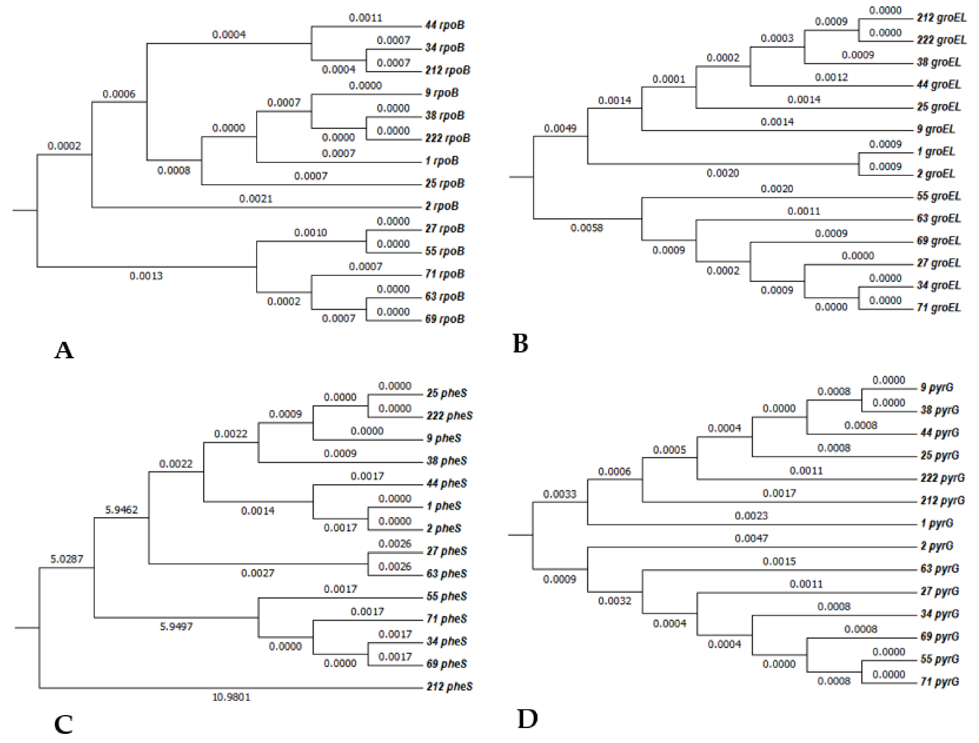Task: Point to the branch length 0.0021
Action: click(x=256, y=199)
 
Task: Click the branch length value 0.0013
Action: click(x=146, y=276)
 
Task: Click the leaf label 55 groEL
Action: click(x=938, y=196)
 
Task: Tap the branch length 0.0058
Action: click(x=586, y=228)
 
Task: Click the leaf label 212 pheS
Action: click(x=449, y=686)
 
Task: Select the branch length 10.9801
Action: click(x=231, y=697)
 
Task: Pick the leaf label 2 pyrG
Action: click(x=937, y=546)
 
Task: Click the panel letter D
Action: click(x=527, y=719)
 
